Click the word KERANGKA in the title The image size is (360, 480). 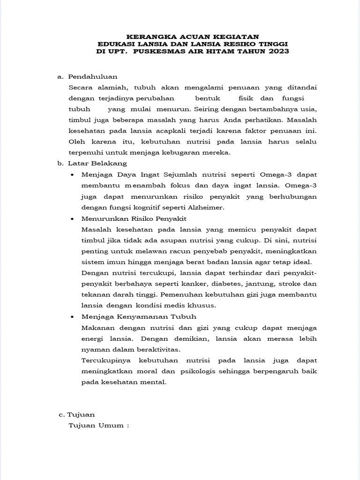pyautogui.click(x=148, y=36)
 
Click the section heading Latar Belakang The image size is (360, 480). pyautogui.click(x=97, y=164)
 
